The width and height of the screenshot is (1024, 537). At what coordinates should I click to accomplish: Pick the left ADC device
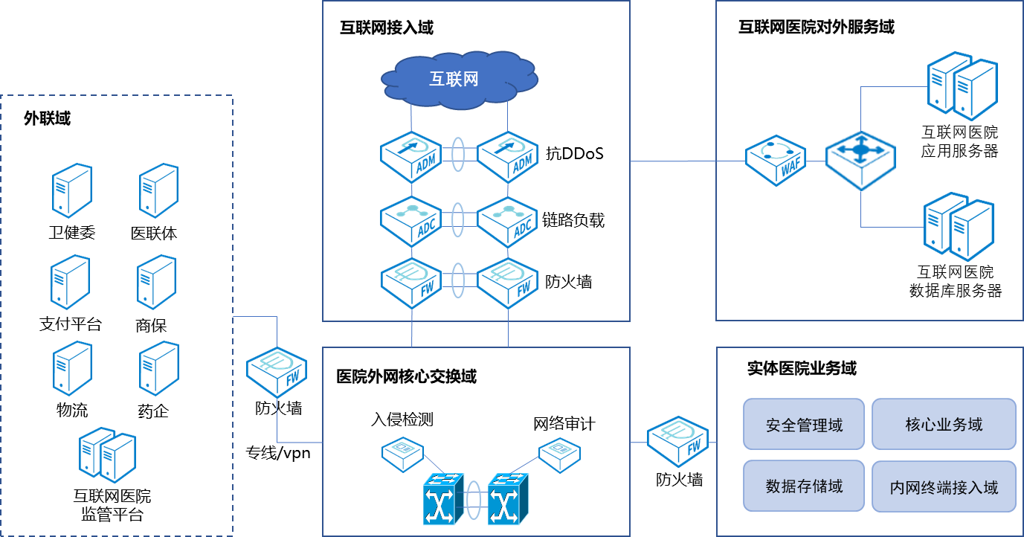click(x=411, y=221)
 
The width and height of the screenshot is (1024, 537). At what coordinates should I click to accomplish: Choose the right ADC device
click(x=507, y=221)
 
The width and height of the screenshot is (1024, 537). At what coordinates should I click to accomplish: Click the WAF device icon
click(x=776, y=160)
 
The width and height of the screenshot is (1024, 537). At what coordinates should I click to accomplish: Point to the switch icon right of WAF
click(x=860, y=160)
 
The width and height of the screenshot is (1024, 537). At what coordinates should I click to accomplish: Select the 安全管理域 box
click(x=804, y=424)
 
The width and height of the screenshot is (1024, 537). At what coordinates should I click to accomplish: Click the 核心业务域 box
click(x=944, y=424)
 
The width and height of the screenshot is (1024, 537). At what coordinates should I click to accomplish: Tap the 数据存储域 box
click(x=804, y=486)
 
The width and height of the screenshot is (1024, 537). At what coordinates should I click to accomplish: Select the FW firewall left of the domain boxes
click(x=677, y=440)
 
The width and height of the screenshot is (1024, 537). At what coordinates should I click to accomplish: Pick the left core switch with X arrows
click(x=443, y=498)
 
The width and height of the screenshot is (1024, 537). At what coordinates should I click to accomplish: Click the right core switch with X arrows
click(x=508, y=498)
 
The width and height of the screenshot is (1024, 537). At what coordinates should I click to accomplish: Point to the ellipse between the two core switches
click(x=475, y=500)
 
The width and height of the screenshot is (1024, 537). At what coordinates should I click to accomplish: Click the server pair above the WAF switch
click(x=962, y=86)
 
